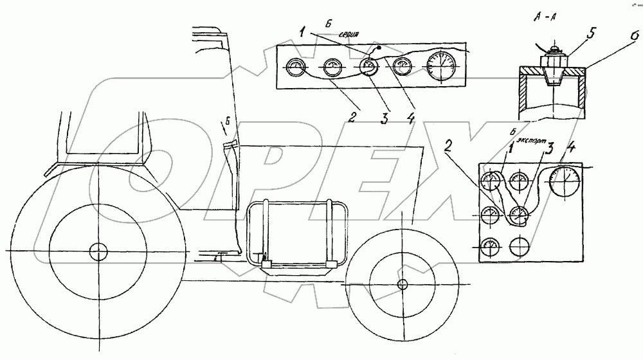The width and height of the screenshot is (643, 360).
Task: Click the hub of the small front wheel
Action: pos(403,284)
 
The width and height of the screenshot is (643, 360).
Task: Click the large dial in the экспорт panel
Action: pos(565,181)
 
